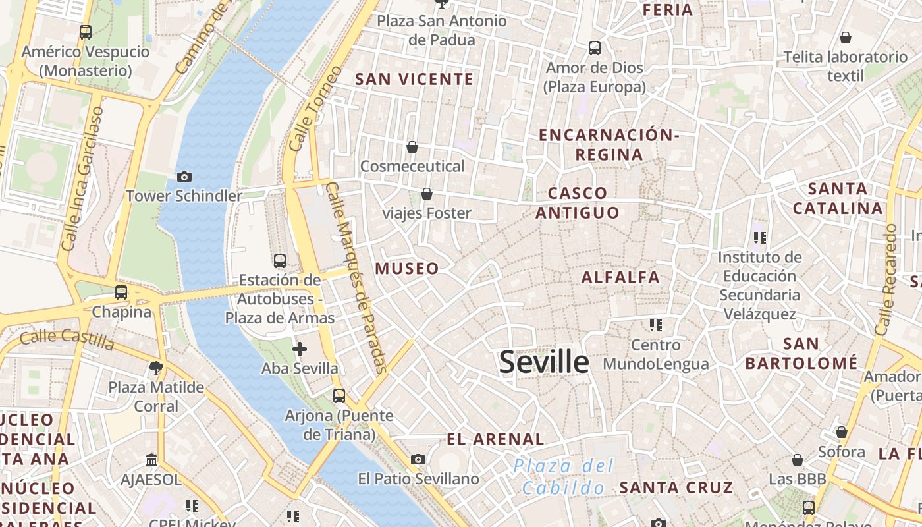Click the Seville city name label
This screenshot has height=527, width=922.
(x=544, y=362)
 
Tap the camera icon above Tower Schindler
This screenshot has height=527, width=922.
(x=184, y=177)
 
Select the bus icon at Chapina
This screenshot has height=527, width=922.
(x=121, y=292)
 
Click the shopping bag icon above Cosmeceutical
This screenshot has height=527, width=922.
(x=412, y=147)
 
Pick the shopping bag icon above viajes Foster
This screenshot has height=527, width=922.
(x=427, y=194)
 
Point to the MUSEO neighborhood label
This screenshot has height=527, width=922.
(x=407, y=269)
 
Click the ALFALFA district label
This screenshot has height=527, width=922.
(x=620, y=277)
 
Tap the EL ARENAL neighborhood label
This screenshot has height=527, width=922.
(x=495, y=439)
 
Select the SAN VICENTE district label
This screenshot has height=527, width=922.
(x=414, y=80)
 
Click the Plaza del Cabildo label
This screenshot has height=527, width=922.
(x=564, y=477)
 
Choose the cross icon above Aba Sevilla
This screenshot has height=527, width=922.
(x=300, y=349)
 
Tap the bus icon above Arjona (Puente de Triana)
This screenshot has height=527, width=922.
(x=339, y=396)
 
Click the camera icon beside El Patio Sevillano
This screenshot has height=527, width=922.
(x=418, y=459)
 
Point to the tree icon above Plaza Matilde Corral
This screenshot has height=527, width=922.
(x=156, y=368)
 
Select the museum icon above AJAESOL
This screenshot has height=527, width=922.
(x=151, y=460)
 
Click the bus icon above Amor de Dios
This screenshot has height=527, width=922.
(x=595, y=48)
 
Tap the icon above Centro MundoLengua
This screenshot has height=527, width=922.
(x=655, y=325)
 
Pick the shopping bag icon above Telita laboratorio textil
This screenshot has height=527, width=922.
(x=845, y=38)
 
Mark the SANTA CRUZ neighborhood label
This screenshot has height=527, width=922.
(x=676, y=488)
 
